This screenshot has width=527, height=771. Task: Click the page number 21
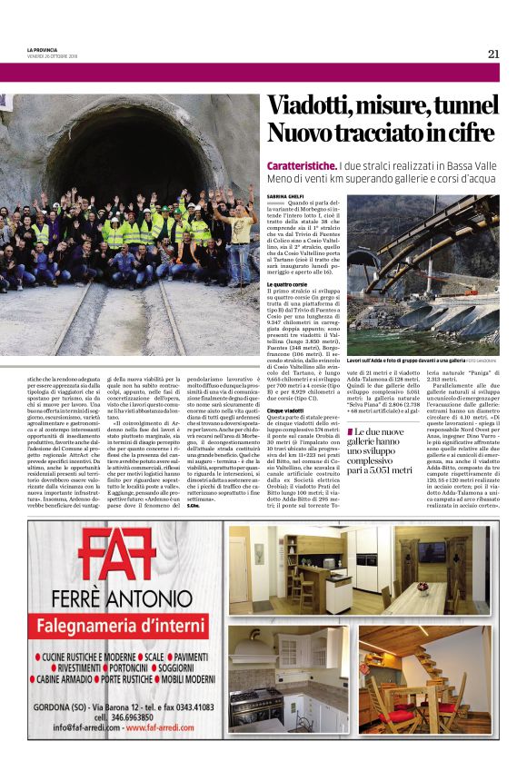click(493, 54)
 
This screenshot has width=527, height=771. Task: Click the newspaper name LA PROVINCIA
click(44, 50)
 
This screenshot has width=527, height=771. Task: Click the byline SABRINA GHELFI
click(283, 195)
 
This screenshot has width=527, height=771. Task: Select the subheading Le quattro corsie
click(286, 284)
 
